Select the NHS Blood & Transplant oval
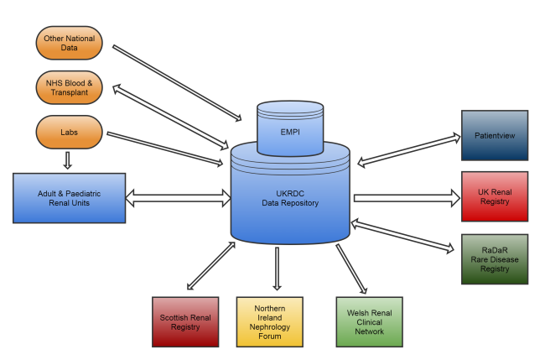point(69,87)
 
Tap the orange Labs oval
point(69,131)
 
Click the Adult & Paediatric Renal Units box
point(69,199)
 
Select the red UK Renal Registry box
point(495,196)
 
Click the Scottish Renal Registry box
point(185,321)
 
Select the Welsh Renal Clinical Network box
point(370,321)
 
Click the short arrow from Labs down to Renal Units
point(68,159)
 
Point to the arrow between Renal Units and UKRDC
point(179,199)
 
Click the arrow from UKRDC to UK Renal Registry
point(407,198)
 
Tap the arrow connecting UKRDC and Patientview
point(407,149)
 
